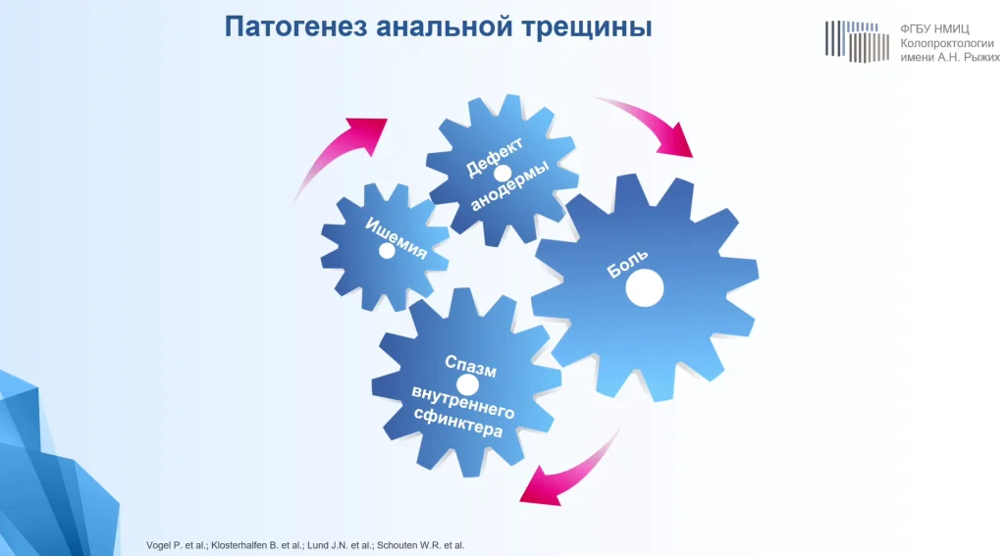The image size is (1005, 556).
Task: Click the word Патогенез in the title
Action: coord(295,26)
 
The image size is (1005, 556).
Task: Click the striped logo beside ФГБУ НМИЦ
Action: coord(857,41)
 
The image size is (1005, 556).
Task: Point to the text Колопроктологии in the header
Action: coord(947,43)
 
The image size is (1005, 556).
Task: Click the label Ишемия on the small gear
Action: coord(397,238)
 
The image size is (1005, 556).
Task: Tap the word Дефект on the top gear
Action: coord(494,157)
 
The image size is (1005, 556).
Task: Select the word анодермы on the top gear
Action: coord(509,185)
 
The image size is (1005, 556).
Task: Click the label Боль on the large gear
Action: coord(627,263)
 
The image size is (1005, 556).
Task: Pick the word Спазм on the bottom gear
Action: coord(470,366)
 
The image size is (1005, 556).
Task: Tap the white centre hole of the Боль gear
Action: coord(644,287)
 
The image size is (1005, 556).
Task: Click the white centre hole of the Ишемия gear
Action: coord(387,251)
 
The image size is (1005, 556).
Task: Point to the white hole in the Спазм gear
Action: coord(467,385)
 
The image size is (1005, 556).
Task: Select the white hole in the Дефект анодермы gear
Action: coord(502,174)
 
